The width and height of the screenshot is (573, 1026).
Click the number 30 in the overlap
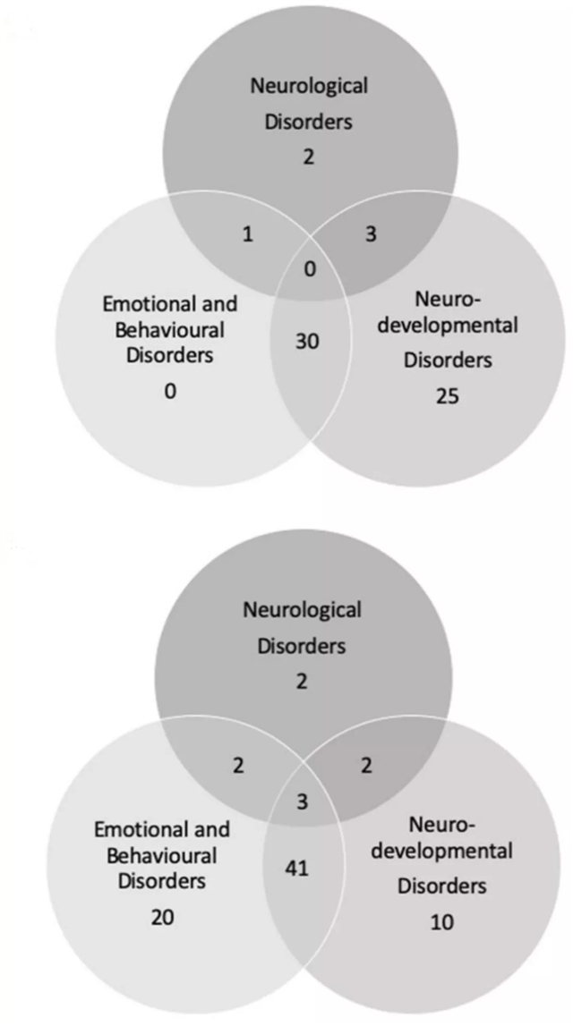[x=308, y=341]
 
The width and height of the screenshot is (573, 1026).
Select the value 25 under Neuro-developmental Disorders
[x=445, y=394]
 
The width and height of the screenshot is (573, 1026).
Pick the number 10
[x=441, y=920]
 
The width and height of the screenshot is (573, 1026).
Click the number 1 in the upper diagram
[x=249, y=234]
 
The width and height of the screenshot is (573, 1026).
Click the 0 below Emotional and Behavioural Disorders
[x=170, y=390]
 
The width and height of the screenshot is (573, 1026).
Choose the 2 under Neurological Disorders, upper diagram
[x=310, y=157]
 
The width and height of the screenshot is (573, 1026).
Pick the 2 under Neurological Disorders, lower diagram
[x=302, y=681]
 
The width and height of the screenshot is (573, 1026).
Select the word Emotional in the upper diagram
[x=141, y=303]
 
